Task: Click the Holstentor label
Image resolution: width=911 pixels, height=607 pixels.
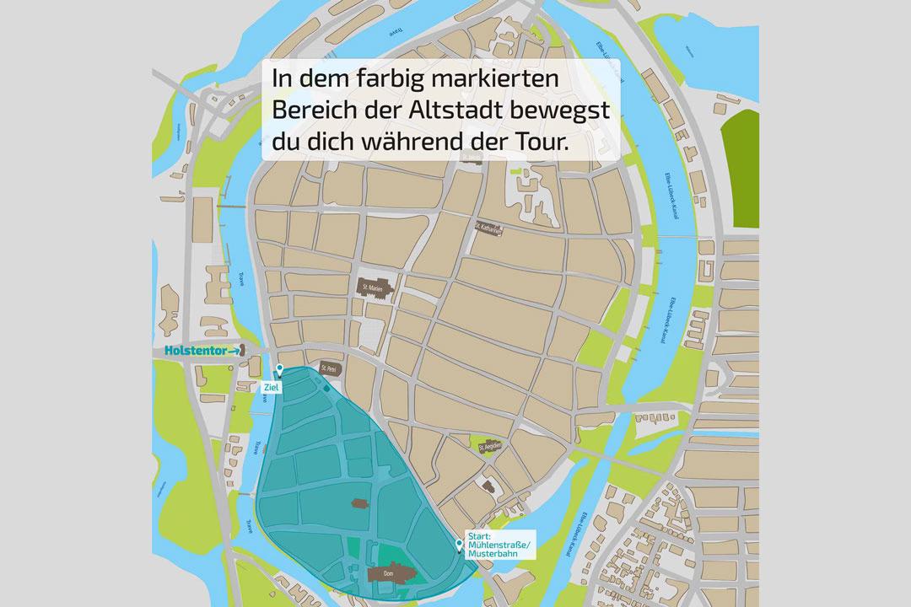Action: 193,351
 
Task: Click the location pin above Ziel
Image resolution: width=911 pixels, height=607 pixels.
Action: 279,370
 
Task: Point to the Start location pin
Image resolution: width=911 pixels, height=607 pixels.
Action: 460,545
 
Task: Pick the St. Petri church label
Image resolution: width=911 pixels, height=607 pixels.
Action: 329,368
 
